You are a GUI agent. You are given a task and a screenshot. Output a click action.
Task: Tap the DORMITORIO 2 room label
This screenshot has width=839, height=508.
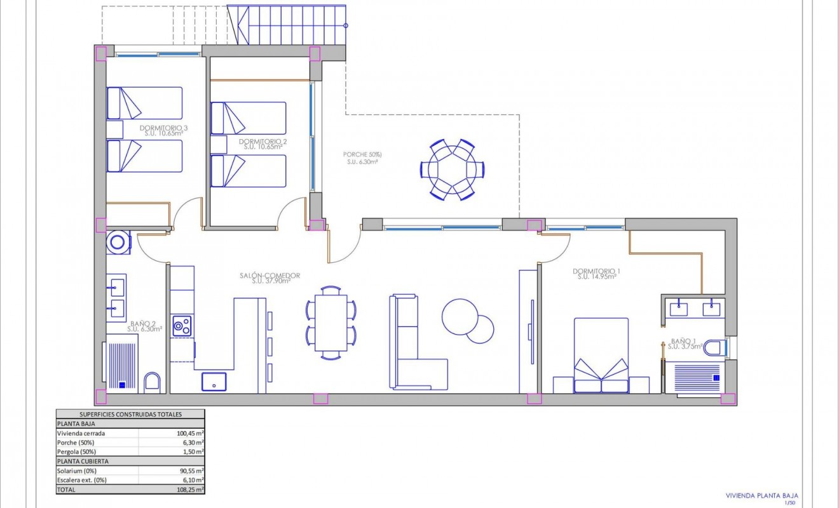(x=263, y=142)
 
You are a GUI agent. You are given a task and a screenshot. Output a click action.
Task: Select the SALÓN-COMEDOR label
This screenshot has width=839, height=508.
(x=270, y=276)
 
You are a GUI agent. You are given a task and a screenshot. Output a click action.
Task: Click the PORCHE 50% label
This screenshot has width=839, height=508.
(x=362, y=154)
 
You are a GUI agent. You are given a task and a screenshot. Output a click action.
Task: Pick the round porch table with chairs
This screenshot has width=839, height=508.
(x=452, y=170)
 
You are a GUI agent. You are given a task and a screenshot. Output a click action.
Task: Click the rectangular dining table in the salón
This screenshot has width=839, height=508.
(x=331, y=323)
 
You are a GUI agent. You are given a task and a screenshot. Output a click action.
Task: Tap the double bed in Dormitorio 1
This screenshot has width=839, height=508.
(x=601, y=356)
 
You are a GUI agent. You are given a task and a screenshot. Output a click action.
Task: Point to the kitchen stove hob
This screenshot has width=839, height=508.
(x=182, y=326)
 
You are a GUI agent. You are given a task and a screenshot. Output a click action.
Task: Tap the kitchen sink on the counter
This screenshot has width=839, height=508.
(x=214, y=381)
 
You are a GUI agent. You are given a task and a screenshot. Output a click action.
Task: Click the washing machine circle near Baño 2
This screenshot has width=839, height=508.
(x=118, y=241)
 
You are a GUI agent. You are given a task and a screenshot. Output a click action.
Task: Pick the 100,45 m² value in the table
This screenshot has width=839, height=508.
(x=191, y=433)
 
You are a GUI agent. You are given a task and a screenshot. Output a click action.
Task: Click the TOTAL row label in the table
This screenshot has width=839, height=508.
(x=66, y=490)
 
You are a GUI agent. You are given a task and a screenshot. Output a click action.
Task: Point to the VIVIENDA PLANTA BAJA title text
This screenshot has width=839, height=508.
(x=761, y=495)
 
